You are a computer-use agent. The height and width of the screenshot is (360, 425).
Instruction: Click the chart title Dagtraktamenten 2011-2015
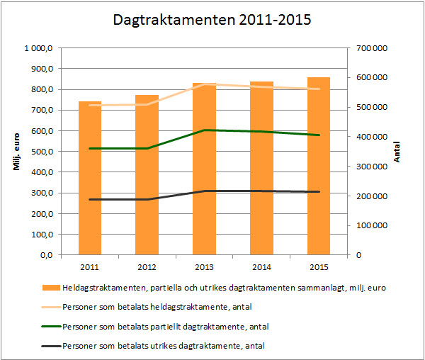[x=212, y=21]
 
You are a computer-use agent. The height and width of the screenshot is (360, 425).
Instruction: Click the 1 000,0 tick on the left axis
[x=40, y=48]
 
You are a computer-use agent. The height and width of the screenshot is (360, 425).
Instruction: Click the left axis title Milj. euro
[x=16, y=152]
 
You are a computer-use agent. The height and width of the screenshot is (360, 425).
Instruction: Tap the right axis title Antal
[x=397, y=152]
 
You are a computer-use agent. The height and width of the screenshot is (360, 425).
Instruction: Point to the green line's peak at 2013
[x=204, y=130]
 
